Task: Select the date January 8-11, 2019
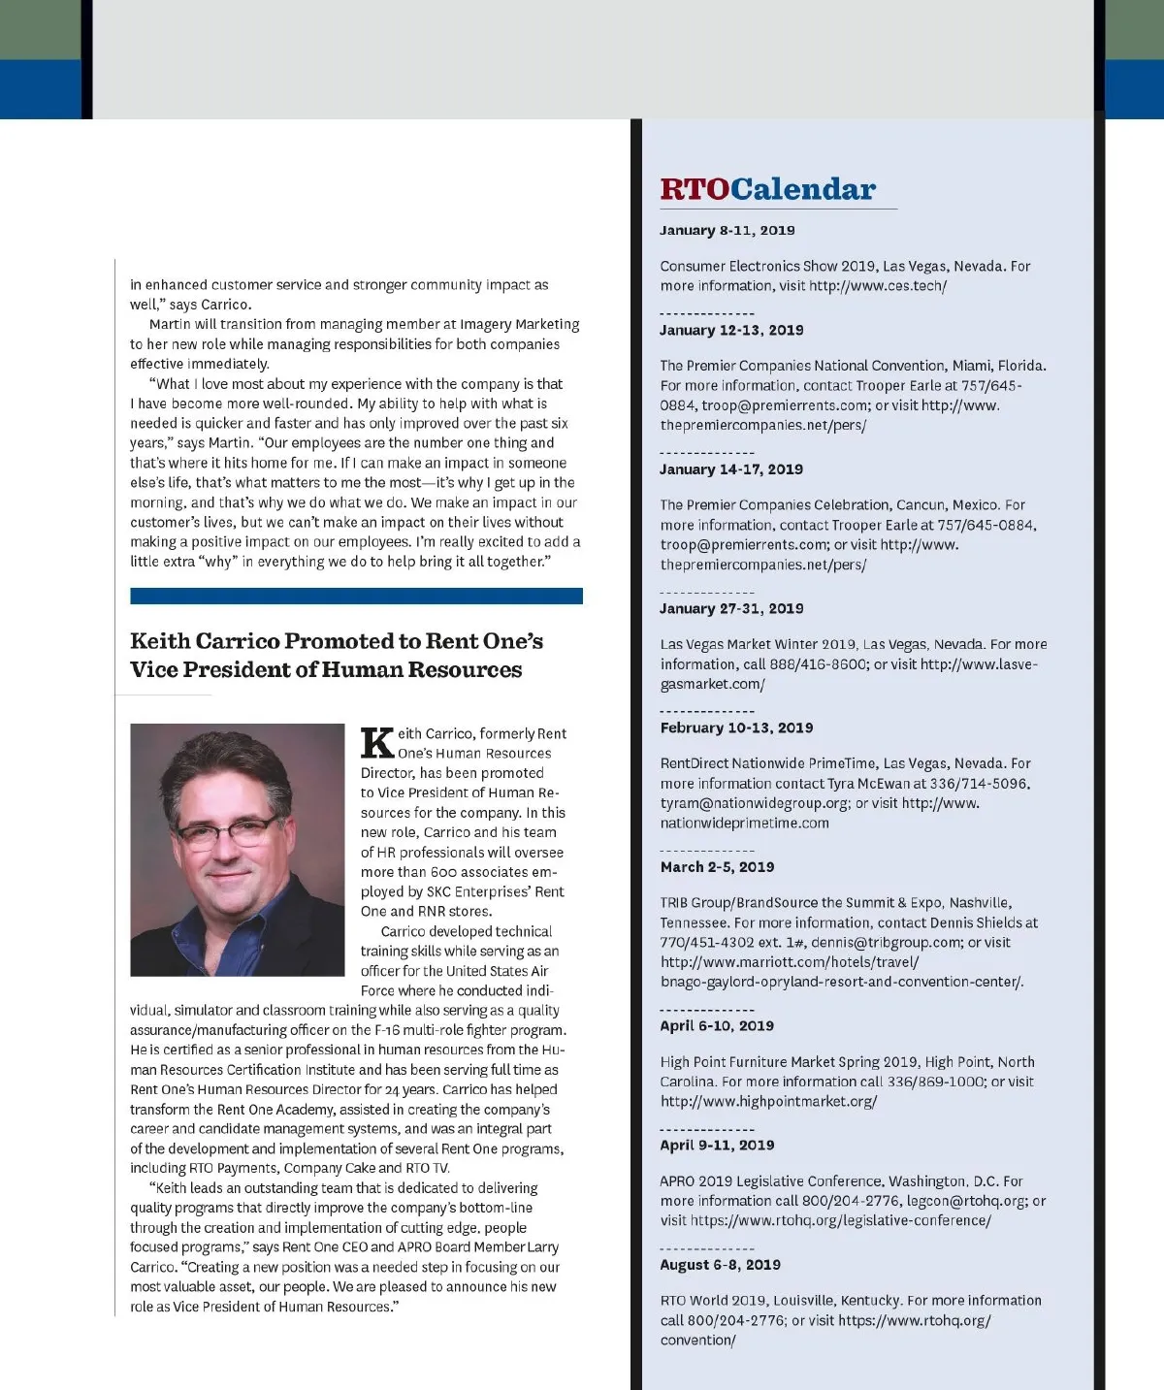pyautogui.click(x=727, y=230)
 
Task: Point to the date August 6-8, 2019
pyautogui.click(x=720, y=1265)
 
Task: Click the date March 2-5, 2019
pyautogui.click(x=717, y=867)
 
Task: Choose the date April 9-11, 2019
pyautogui.click(x=717, y=1145)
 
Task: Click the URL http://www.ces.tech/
pyautogui.click(x=877, y=286)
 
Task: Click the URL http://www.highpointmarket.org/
pyautogui.click(x=768, y=1102)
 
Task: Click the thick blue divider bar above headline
pyautogui.click(x=356, y=596)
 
